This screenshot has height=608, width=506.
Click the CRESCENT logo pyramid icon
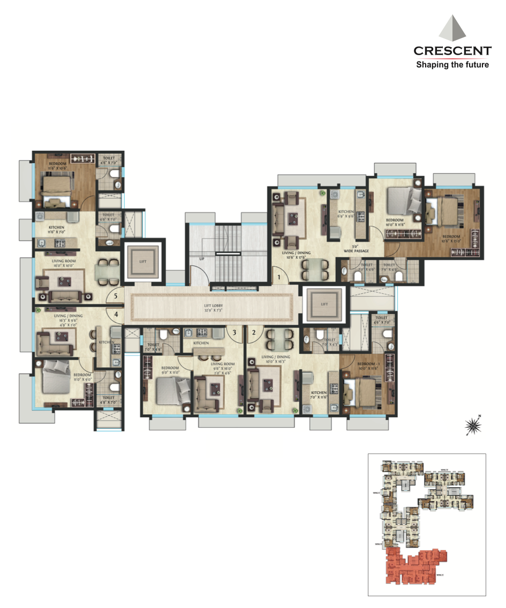(452, 29)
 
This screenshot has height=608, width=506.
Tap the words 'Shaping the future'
(452, 65)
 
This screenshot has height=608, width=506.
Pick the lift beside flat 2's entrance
(324, 303)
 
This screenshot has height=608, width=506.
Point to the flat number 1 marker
(279, 278)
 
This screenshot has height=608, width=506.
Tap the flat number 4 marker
(116, 314)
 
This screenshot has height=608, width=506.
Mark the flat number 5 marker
(116, 295)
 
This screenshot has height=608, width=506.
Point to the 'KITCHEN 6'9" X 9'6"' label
(346, 214)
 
